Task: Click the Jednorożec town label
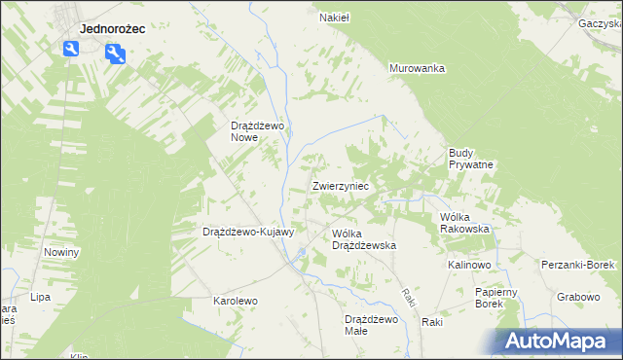(x=112, y=29)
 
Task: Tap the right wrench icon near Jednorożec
(x=115, y=54)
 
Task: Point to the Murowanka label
(x=417, y=68)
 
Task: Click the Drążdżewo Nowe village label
(x=256, y=131)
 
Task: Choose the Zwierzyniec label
(x=340, y=185)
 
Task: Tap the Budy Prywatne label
(x=471, y=159)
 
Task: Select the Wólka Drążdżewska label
(x=363, y=240)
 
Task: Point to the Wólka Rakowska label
(x=463, y=223)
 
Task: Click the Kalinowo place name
(x=469, y=265)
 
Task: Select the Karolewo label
(x=236, y=302)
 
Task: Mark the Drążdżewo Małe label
(x=371, y=325)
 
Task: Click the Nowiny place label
(x=61, y=252)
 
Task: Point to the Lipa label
(x=40, y=297)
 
